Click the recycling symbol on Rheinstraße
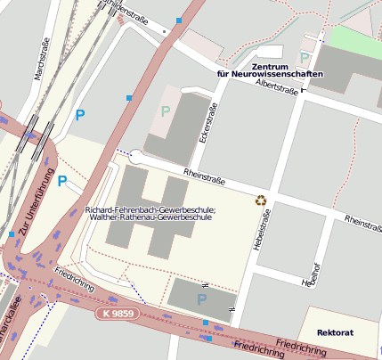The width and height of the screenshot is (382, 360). click(261, 200)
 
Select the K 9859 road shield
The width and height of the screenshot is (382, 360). click(118, 314)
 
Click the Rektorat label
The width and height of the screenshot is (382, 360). click(335, 332)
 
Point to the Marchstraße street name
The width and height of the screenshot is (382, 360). click(39, 61)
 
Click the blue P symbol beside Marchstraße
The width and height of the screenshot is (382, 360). click(80, 114)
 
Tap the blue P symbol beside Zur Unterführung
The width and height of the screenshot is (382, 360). click(62, 181)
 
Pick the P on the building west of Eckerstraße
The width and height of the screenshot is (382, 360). click(165, 110)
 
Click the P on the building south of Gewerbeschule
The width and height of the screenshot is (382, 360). click(201, 299)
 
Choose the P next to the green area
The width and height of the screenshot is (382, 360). click(305, 59)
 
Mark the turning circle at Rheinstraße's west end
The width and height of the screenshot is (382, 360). click(135, 154)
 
